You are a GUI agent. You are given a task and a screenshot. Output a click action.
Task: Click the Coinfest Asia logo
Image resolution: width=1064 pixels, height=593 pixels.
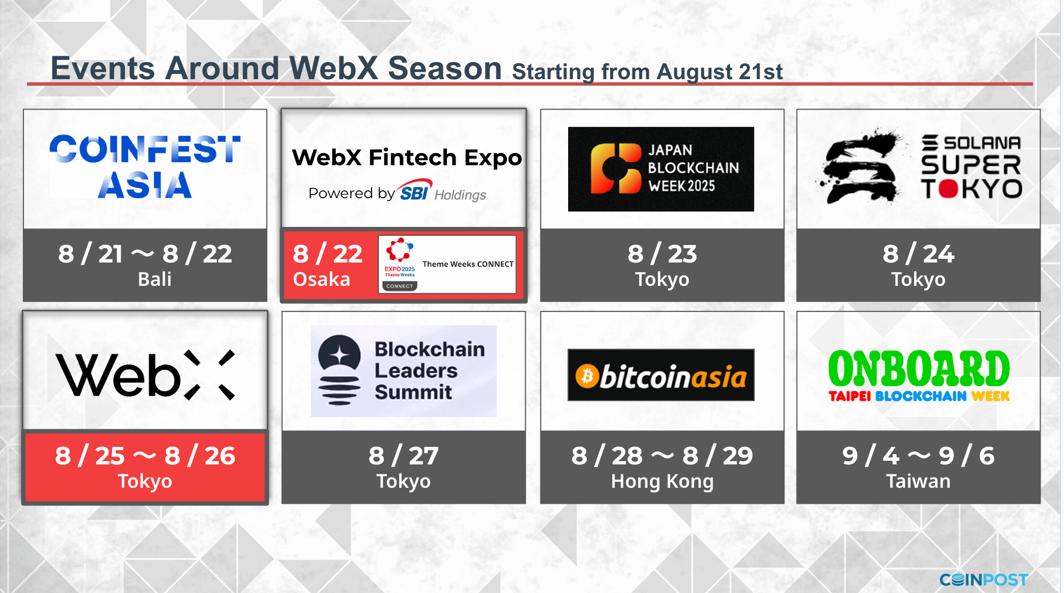click(145, 166)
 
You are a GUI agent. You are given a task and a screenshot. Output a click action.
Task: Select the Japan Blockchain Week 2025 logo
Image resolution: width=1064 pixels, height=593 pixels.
click(661, 169)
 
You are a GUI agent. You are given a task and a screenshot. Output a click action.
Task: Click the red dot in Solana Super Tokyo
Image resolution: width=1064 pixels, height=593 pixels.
click(948, 188)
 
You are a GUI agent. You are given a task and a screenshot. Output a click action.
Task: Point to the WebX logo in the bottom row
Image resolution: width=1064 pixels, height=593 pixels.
click(145, 375)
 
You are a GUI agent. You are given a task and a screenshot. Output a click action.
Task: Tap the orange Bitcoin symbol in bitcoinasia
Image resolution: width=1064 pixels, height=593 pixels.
click(587, 376)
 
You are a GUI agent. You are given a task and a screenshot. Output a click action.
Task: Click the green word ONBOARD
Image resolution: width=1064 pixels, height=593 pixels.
click(918, 368)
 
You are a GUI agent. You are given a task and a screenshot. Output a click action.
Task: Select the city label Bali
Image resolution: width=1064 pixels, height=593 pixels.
click(155, 279)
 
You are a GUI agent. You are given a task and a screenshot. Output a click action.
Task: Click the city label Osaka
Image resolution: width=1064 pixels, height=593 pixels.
click(322, 279)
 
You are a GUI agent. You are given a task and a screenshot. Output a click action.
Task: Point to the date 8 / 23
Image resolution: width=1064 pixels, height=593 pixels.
click(662, 254)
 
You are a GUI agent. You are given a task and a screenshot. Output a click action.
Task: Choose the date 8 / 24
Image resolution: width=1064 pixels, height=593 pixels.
click(918, 254)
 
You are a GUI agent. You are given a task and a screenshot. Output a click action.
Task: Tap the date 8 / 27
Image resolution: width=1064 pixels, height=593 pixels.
click(403, 456)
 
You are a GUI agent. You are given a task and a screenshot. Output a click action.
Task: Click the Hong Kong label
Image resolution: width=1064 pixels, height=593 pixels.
click(662, 481)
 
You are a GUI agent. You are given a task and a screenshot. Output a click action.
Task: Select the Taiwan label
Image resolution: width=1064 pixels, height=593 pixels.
click(918, 481)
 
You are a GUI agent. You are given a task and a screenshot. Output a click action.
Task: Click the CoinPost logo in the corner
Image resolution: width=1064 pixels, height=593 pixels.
click(983, 579)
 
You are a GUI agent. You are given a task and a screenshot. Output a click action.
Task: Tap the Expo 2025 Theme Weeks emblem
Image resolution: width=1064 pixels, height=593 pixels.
click(400, 264)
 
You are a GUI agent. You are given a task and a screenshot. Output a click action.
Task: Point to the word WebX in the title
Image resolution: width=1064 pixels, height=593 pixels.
click(334, 69)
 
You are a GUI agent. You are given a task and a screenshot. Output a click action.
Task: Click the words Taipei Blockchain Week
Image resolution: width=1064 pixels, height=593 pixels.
click(918, 396)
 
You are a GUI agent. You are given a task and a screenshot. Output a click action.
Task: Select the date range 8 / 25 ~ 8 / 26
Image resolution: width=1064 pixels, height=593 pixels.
click(145, 456)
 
